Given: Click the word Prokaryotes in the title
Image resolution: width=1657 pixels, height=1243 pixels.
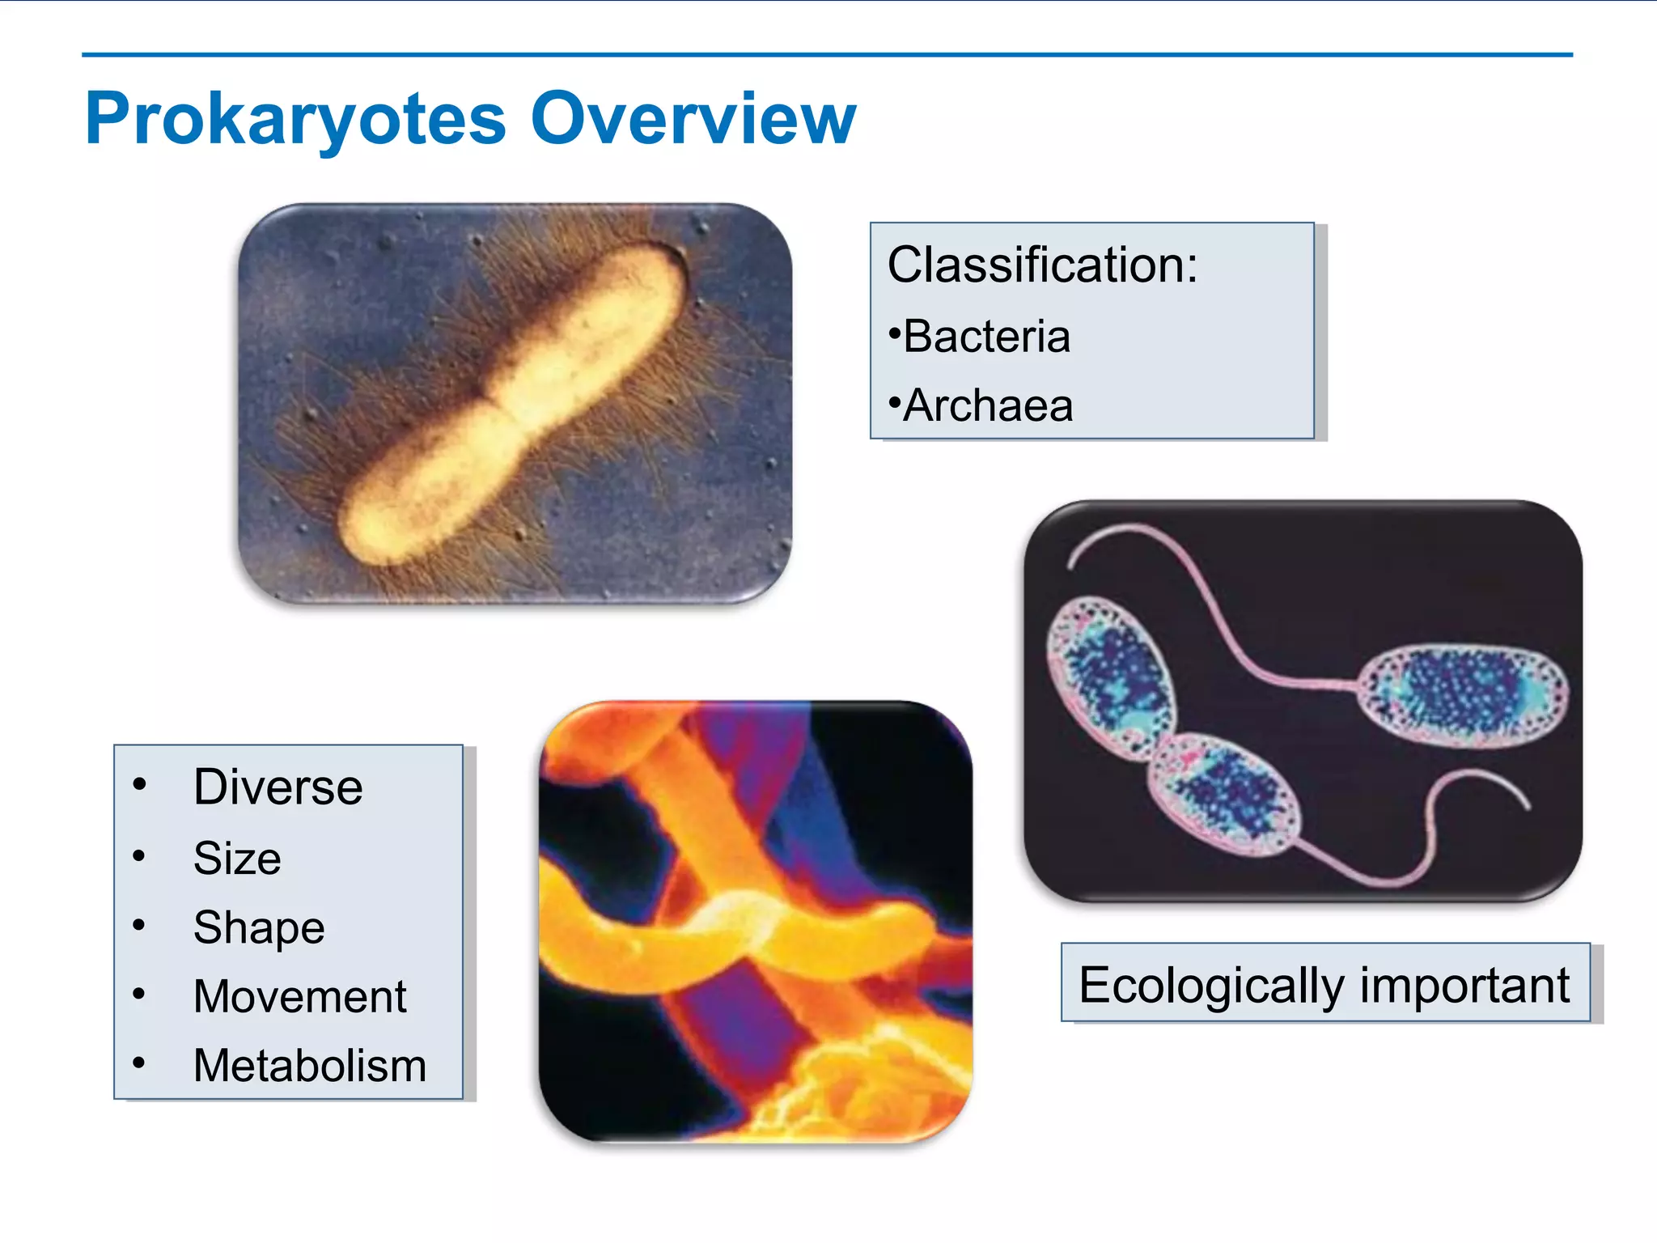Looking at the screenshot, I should [295, 120].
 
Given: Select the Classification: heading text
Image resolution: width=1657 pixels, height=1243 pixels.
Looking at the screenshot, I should [1042, 265].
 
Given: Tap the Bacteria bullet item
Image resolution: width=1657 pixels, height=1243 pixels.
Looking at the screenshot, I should [985, 336].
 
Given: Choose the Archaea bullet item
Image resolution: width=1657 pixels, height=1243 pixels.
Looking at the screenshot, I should [987, 405].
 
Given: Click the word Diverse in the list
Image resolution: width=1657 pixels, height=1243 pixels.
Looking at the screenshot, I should [278, 787].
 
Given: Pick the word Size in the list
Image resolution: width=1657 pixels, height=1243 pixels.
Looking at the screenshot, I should [237, 858].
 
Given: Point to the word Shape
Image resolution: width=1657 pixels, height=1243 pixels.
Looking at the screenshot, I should [259, 927].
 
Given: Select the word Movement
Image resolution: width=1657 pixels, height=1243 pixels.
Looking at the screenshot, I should [299, 996].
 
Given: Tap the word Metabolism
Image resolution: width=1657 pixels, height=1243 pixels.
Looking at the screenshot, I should [310, 1065].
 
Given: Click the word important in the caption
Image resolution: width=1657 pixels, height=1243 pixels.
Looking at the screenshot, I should [1464, 985].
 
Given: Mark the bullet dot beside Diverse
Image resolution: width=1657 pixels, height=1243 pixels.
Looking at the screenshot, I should [139, 784].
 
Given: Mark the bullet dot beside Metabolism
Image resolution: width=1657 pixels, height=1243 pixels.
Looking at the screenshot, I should [139, 1063].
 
